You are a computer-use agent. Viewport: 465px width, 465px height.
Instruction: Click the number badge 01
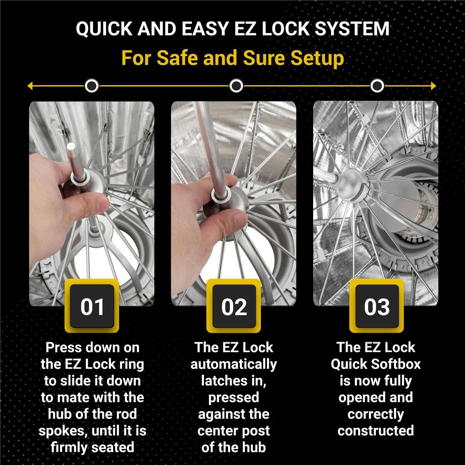coord(92,307)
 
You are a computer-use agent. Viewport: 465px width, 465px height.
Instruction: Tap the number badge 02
coord(234,307)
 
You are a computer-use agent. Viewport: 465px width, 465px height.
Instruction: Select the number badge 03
coord(376,307)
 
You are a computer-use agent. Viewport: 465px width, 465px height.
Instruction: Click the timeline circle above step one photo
coord(91,86)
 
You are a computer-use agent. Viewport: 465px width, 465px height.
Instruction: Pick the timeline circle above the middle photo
coord(236,86)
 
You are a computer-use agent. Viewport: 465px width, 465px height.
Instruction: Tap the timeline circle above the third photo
coord(377,86)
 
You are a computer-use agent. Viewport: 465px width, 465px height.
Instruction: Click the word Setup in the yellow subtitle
coord(318,58)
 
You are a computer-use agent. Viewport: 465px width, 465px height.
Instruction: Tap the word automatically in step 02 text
coord(234,364)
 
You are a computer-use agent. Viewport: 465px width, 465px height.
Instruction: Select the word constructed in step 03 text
coord(375,431)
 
